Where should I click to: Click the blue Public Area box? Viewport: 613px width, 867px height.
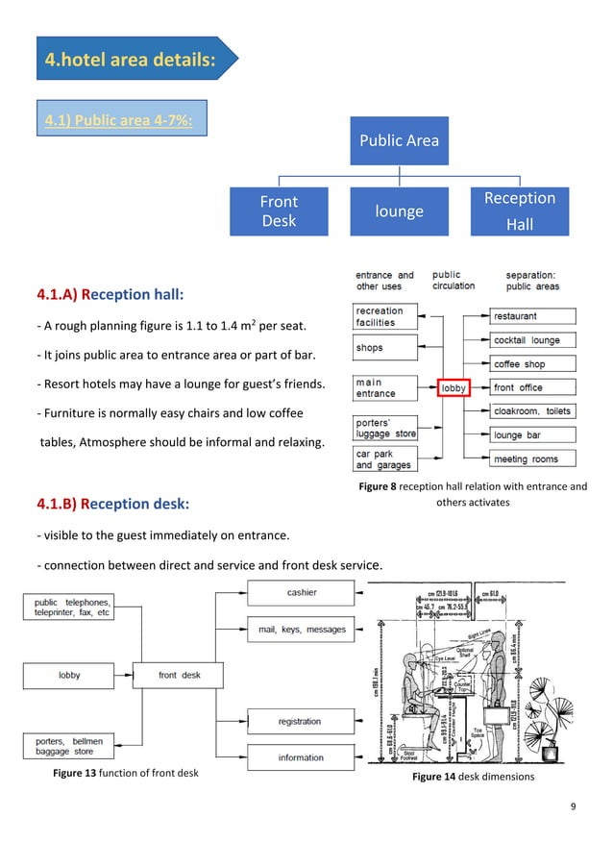399,140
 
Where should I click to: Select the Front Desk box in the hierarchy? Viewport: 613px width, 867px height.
279,211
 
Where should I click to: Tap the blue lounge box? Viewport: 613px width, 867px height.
399,211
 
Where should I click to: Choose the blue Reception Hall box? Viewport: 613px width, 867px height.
519,211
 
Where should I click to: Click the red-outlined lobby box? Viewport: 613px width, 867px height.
454,388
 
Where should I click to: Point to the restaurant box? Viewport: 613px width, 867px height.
533,316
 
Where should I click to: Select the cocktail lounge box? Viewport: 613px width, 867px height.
533,340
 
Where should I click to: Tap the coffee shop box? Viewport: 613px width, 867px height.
533,364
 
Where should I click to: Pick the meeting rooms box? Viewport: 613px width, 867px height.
533,459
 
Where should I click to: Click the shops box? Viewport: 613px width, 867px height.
385,348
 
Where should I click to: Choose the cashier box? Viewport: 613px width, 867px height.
302,593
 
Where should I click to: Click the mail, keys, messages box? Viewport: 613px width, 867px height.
302,630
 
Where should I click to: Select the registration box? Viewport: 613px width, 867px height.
302,721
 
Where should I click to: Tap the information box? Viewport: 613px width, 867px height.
302,757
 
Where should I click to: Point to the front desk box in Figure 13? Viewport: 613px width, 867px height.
180,675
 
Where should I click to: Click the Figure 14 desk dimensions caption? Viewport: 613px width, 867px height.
473,776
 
